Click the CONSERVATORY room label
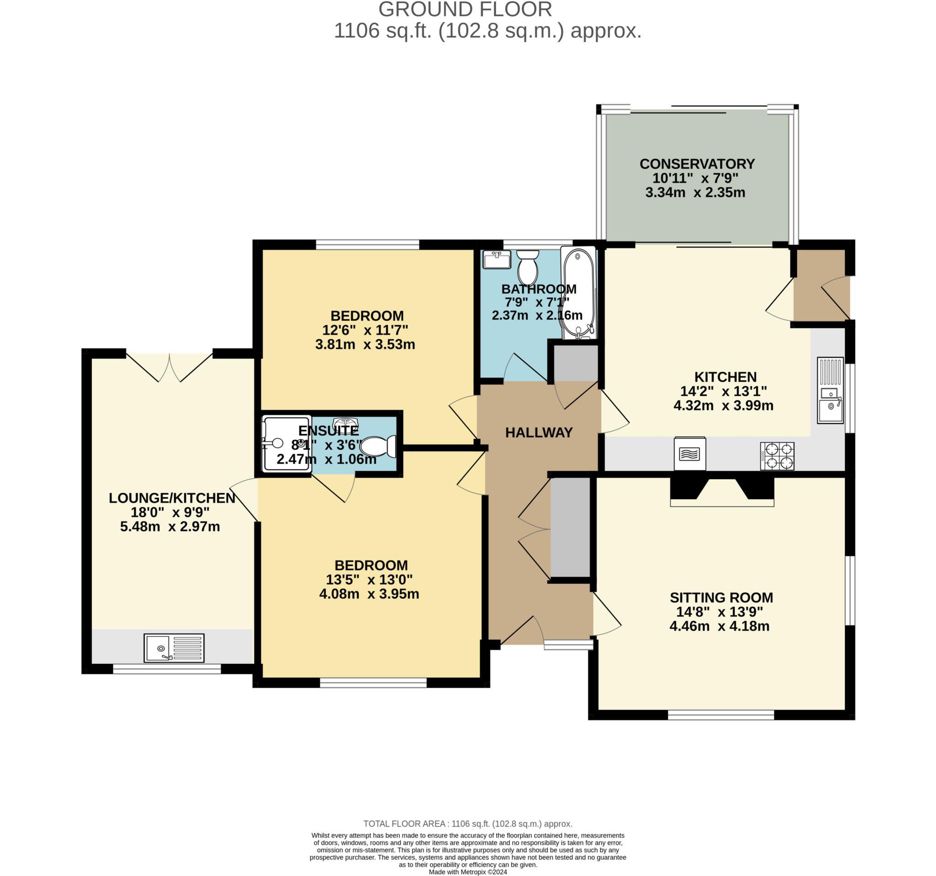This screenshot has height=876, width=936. click(697, 164)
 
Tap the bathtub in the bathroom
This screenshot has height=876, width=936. click(578, 292)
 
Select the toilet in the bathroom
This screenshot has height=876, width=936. click(527, 267)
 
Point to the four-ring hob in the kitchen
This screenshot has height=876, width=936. click(777, 456)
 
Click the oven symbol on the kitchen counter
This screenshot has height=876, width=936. click(690, 454)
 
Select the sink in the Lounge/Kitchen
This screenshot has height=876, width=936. click(174, 648)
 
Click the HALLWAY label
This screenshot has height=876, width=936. click(539, 433)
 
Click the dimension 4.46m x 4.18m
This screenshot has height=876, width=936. click(719, 626)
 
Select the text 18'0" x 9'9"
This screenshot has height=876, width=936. click(170, 512)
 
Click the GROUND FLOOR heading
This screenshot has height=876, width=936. click(465, 10)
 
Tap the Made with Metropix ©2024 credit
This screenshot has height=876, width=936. click(468, 872)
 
